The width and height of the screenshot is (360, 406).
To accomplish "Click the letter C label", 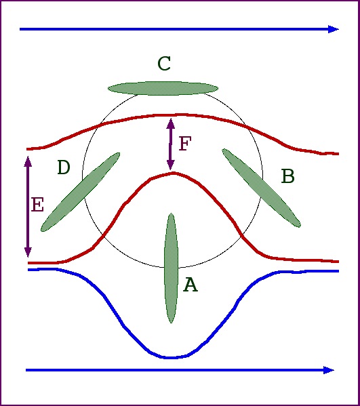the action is pyautogui.click(x=164, y=64).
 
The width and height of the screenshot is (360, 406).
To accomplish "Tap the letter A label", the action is pyautogui.click(x=191, y=284).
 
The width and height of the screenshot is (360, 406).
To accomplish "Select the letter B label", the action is pyautogui.click(x=288, y=176).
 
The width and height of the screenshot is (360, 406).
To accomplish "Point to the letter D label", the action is pyautogui.click(x=64, y=167).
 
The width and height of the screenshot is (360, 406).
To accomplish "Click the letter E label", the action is pyautogui.click(x=37, y=205).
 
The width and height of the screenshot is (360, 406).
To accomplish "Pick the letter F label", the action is pyautogui.click(x=185, y=143).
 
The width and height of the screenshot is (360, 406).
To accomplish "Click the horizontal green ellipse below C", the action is pyautogui.click(x=163, y=88).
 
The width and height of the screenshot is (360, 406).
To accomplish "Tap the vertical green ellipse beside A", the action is pyautogui.click(x=171, y=268).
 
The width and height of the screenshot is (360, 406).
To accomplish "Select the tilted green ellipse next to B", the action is pyautogui.click(x=261, y=188).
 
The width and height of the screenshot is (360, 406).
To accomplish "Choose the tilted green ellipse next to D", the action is pyautogui.click(x=80, y=192).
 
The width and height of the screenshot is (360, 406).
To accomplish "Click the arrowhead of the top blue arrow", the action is pyautogui.click(x=334, y=29).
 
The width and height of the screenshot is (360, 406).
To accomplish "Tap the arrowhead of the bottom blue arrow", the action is pyautogui.click(x=329, y=370).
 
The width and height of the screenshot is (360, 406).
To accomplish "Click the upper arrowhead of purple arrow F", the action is pyautogui.click(x=170, y=124).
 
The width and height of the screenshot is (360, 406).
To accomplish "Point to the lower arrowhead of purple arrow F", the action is pyautogui.click(x=170, y=164).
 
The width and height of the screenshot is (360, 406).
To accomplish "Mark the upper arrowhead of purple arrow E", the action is pyautogui.click(x=28, y=161).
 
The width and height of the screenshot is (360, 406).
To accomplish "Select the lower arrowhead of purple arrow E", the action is pyautogui.click(x=28, y=252).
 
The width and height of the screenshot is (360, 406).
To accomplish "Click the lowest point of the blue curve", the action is pyautogui.click(x=171, y=358).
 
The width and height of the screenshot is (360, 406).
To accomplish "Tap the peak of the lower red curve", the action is pyautogui.click(x=173, y=173).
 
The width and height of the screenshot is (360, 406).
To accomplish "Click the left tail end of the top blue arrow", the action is pyautogui.click(x=20, y=29).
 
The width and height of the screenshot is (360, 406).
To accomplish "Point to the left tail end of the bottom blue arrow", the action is pyautogui.click(x=26, y=370).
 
